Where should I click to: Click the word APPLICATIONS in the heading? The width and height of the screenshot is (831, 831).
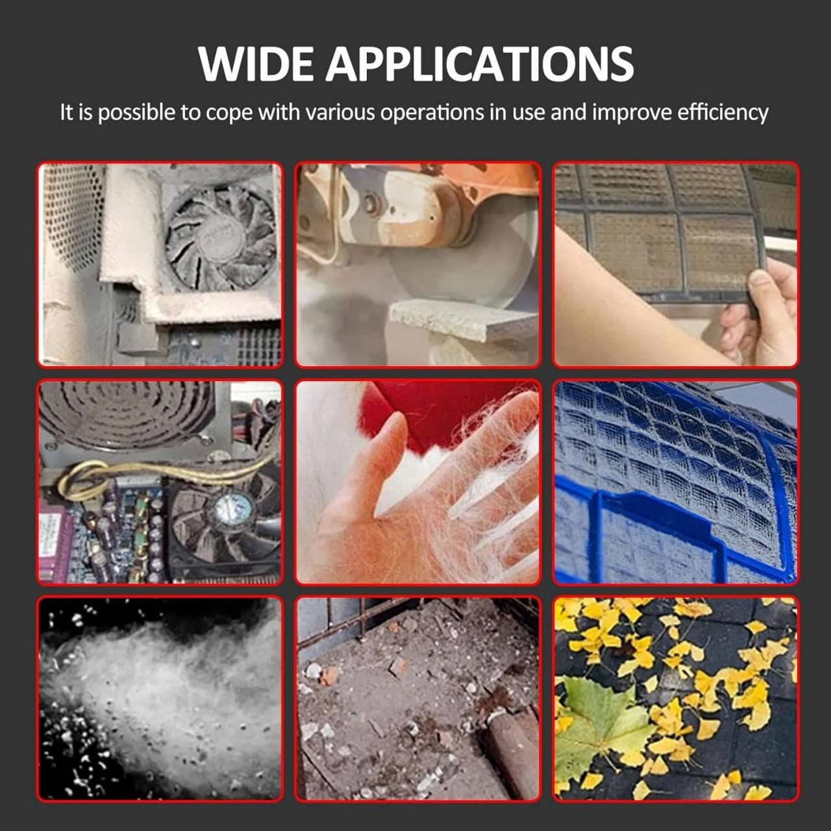pyautogui.click(x=479, y=64)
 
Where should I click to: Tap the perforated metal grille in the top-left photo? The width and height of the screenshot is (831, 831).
pyautogui.click(x=71, y=216)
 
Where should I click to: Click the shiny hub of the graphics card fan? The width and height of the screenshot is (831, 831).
pyautogui.click(x=233, y=509)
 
